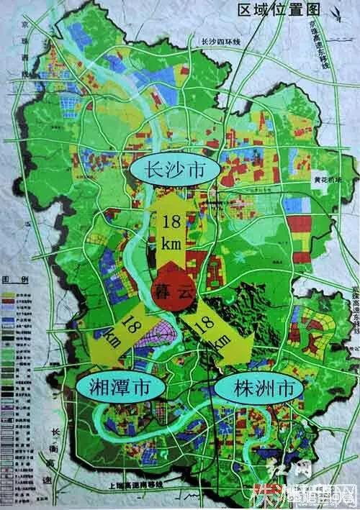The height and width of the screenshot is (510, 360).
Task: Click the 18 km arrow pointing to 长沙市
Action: pyautogui.click(x=171, y=230)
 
